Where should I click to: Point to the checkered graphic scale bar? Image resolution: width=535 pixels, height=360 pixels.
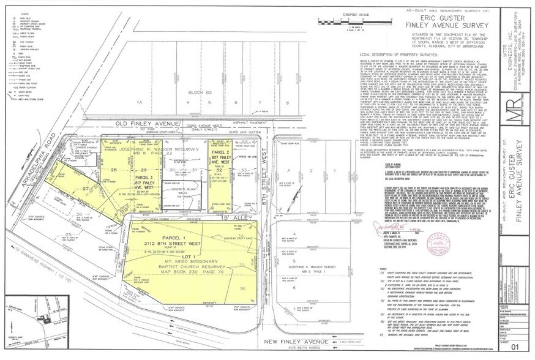click(x=349, y=20)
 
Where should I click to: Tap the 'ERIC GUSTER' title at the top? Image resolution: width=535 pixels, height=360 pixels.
click(x=426, y=18)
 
